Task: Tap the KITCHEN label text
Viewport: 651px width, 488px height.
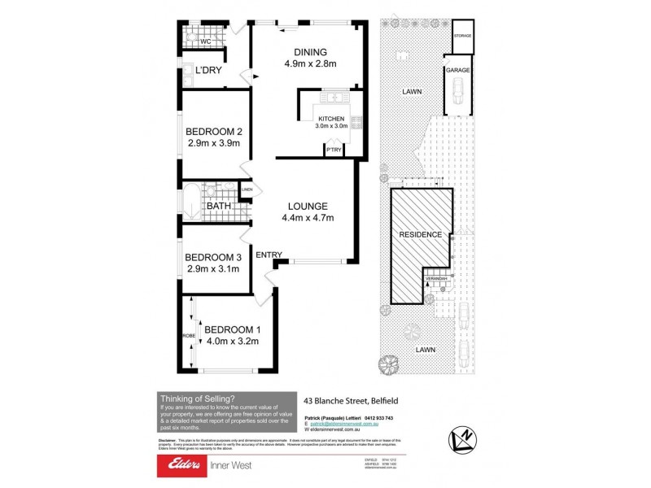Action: [331, 119]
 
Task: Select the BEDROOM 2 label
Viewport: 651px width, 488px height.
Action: [214, 132]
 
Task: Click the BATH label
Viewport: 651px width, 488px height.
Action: [217, 207]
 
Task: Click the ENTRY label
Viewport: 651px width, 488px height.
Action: [269, 255]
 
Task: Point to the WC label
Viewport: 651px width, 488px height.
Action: [206, 41]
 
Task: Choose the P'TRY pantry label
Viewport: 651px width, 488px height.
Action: [332, 151]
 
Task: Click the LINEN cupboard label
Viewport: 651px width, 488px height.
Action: [247, 190]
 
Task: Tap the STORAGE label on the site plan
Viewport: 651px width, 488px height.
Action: [462, 37]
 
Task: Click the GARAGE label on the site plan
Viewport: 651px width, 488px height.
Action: [457, 71]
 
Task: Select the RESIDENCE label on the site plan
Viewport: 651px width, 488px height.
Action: [420, 234]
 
